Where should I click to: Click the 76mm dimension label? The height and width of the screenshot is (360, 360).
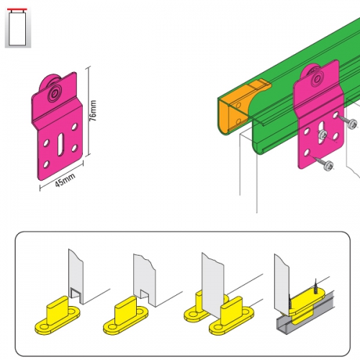[93, 111]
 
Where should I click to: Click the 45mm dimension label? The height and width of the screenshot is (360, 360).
[65, 180]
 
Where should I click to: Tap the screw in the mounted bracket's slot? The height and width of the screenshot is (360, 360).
[322, 135]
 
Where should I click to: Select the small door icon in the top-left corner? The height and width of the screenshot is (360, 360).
[18, 28]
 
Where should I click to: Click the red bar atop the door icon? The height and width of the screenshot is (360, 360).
[17, 9]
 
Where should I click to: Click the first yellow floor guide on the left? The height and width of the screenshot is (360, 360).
[58, 315]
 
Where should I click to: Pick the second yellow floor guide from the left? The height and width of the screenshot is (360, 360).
[125, 315]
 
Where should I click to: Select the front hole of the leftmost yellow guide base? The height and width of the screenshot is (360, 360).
[44, 328]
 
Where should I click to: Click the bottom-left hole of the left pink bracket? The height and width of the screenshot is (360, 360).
[46, 165]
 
